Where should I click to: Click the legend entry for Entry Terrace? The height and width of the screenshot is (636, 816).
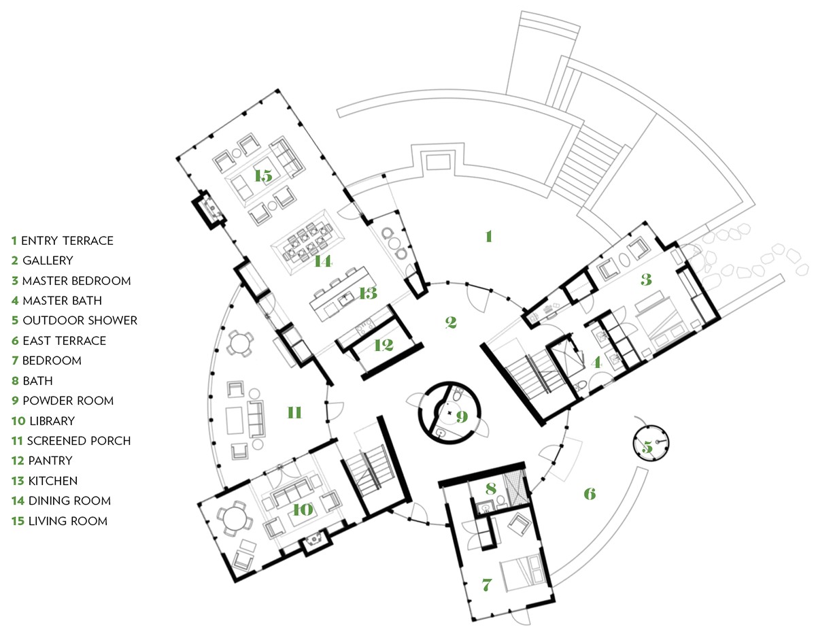pos(62,241)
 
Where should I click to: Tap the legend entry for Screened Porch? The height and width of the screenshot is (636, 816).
pos(71,441)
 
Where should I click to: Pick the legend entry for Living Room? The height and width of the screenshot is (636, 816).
pos(59,521)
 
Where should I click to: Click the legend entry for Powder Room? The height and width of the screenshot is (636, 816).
pos(62,401)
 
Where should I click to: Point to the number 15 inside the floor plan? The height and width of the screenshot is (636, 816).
pos(263,176)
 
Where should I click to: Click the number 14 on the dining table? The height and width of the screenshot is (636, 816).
pos(322,261)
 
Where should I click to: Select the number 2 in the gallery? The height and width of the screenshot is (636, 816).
pos(450,322)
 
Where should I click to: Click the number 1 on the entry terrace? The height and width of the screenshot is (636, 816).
pos(488,237)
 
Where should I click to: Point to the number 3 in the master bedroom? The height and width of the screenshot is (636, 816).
pos(646,278)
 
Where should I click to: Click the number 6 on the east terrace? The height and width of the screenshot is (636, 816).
pos(590,494)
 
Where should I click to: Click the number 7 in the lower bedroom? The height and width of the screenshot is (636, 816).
pos(486,584)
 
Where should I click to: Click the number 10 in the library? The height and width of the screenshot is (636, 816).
pos(303,509)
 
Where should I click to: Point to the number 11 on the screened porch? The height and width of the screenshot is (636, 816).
pos(294,413)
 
